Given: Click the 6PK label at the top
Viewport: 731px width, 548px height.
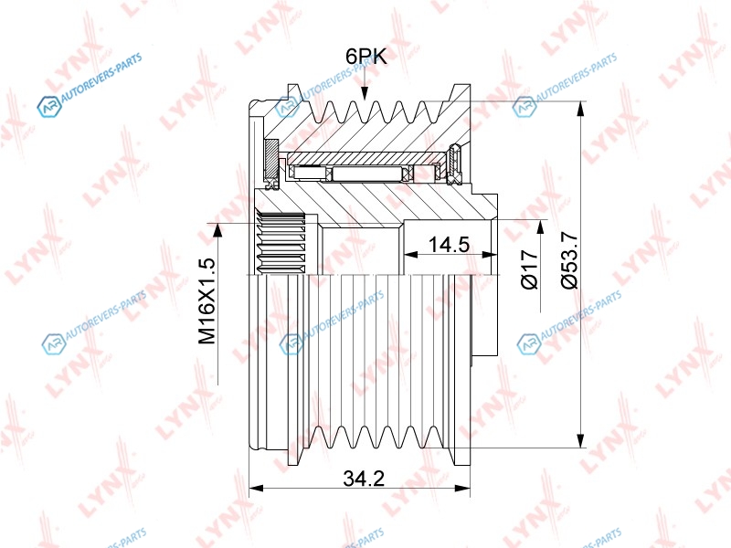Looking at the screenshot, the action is click(x=366, y=57).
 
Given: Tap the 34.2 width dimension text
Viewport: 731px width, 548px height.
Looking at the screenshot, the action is click(x=364, y=478).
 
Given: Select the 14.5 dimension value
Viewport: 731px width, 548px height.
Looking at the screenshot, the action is click(x=449, y=244).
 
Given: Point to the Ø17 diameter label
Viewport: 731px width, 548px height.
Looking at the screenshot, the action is click(x=530, y=269).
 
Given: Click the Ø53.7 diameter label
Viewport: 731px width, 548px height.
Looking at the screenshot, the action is click(x=569, y=260).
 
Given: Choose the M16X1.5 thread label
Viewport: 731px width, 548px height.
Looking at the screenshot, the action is click(x=207, y=301).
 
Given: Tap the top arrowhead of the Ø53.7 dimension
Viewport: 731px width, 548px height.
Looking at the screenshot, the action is click(x=580, y=109).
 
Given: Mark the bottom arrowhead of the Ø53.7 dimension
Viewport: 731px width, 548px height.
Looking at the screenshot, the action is click(x=580, y=440).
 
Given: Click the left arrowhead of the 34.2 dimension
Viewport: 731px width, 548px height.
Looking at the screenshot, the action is click(x=257, y=489).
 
